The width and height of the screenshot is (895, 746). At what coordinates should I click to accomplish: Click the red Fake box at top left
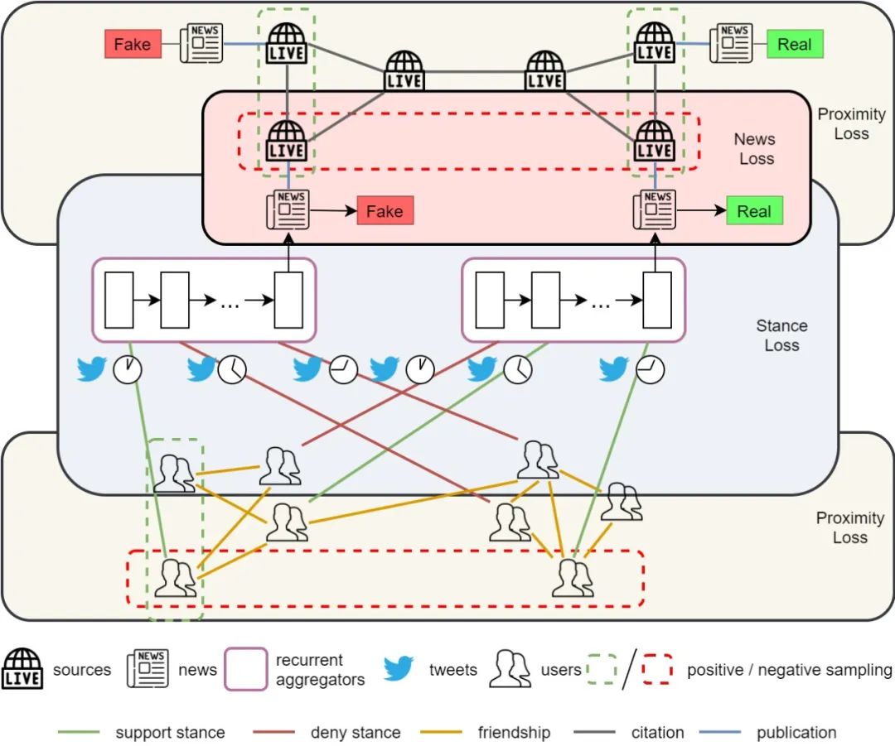tap(132, 44)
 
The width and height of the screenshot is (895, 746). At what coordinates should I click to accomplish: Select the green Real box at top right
tap(794, 44)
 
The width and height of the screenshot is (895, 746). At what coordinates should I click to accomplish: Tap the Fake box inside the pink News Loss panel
tap(385, 211)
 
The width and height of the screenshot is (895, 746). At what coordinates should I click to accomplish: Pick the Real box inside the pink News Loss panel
tap(754, 211)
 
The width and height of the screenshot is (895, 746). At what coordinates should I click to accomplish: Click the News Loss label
tap(756, 149)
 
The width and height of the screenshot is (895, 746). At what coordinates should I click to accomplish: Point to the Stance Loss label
tap(781, 335)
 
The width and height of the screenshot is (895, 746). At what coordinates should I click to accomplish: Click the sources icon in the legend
tap(22, 669)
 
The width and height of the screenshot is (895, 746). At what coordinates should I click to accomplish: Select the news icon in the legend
tap(148, 669)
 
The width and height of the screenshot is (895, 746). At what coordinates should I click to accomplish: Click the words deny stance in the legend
tap(356, 733)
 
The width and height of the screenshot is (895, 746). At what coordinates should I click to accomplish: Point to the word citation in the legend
tap(658, 733)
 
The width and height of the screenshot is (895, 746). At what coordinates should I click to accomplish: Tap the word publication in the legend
tap(796, 733)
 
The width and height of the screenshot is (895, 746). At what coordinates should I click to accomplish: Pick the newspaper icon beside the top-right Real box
tap(730, 43)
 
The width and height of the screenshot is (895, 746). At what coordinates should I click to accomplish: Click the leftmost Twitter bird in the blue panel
tap(92, 368)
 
